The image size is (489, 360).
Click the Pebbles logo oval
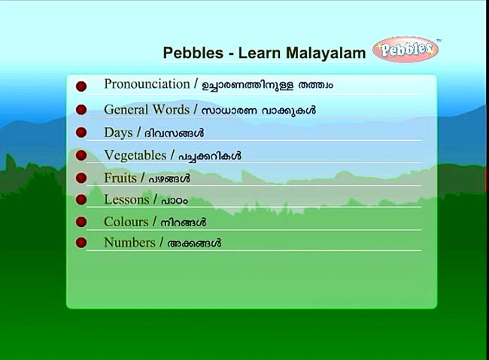tap(405, 50)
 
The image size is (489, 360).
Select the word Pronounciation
tap(147, 84)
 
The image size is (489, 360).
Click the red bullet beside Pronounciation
tap(81, 86)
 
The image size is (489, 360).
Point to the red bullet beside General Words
tap(81, 110)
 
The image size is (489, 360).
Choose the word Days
tap(118, 133)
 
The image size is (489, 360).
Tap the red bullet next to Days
tap(81, 132)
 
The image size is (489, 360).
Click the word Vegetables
tap(135, 156)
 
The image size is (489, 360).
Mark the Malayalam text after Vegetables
tap(210, 156)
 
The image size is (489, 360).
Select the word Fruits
tap(120, 178)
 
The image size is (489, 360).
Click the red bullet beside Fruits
tap(81, 178)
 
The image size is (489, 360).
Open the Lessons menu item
tap(126, 200)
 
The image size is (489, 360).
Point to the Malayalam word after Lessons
tap(175, 201)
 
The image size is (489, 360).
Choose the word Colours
tap(126, 222)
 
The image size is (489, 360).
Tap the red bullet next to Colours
tap(81, 222)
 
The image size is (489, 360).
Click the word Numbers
tap(129, 243)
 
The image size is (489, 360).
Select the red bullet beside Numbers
tap(81, 243)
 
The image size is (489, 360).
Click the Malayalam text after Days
tap(174, 133)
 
